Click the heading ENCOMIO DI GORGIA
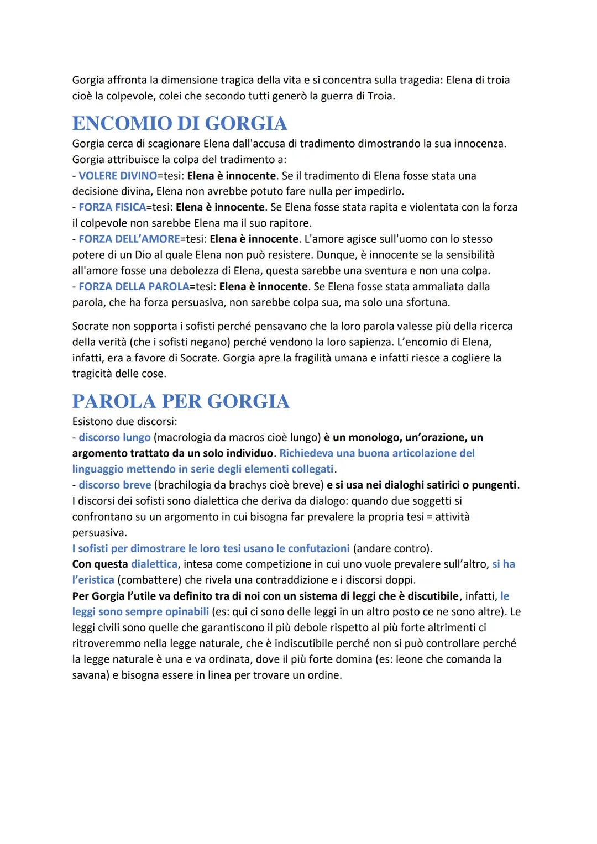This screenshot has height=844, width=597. tap(180, 123)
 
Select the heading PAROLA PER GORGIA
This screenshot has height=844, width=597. tap(181, 401)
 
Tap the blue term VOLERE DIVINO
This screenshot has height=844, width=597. tap(118, 176)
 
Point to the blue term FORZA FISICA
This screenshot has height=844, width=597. tap(112, 207)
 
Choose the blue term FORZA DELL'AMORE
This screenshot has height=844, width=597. tap(129, 239)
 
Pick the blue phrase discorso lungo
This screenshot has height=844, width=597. tap(114, 437)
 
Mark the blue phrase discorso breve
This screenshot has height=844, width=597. tap(114, 485)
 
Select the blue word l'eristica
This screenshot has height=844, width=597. tap(93, 580)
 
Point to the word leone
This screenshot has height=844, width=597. tap(424, 659)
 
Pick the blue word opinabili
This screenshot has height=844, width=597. tap(182, 612)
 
